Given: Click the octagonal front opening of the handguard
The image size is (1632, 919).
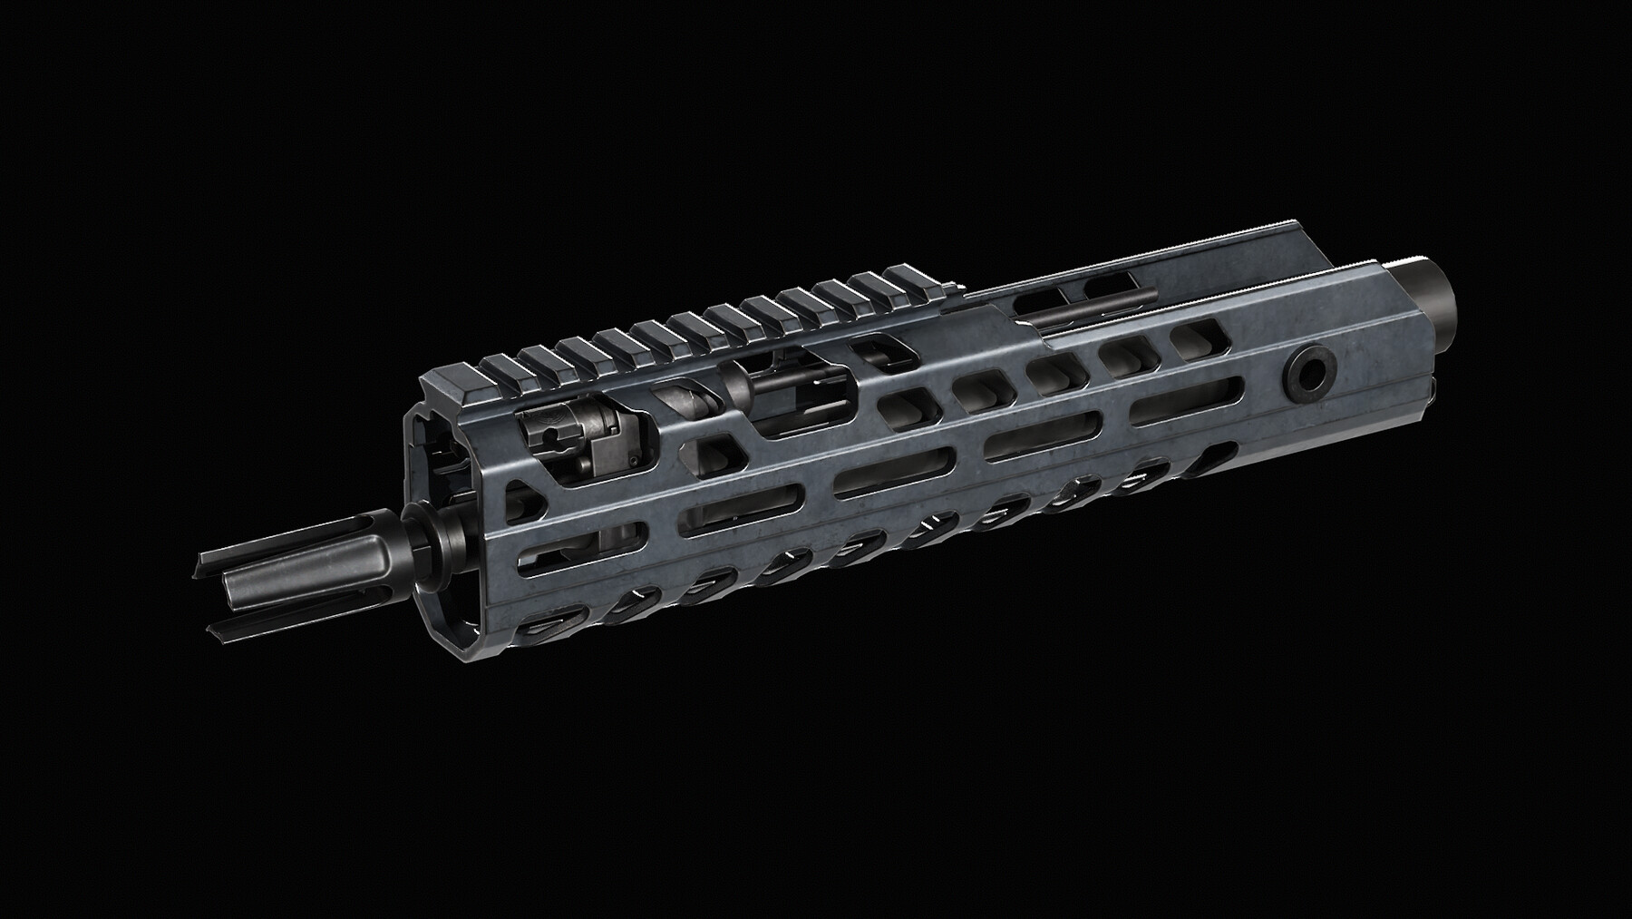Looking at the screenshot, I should click(x=440, y=490).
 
